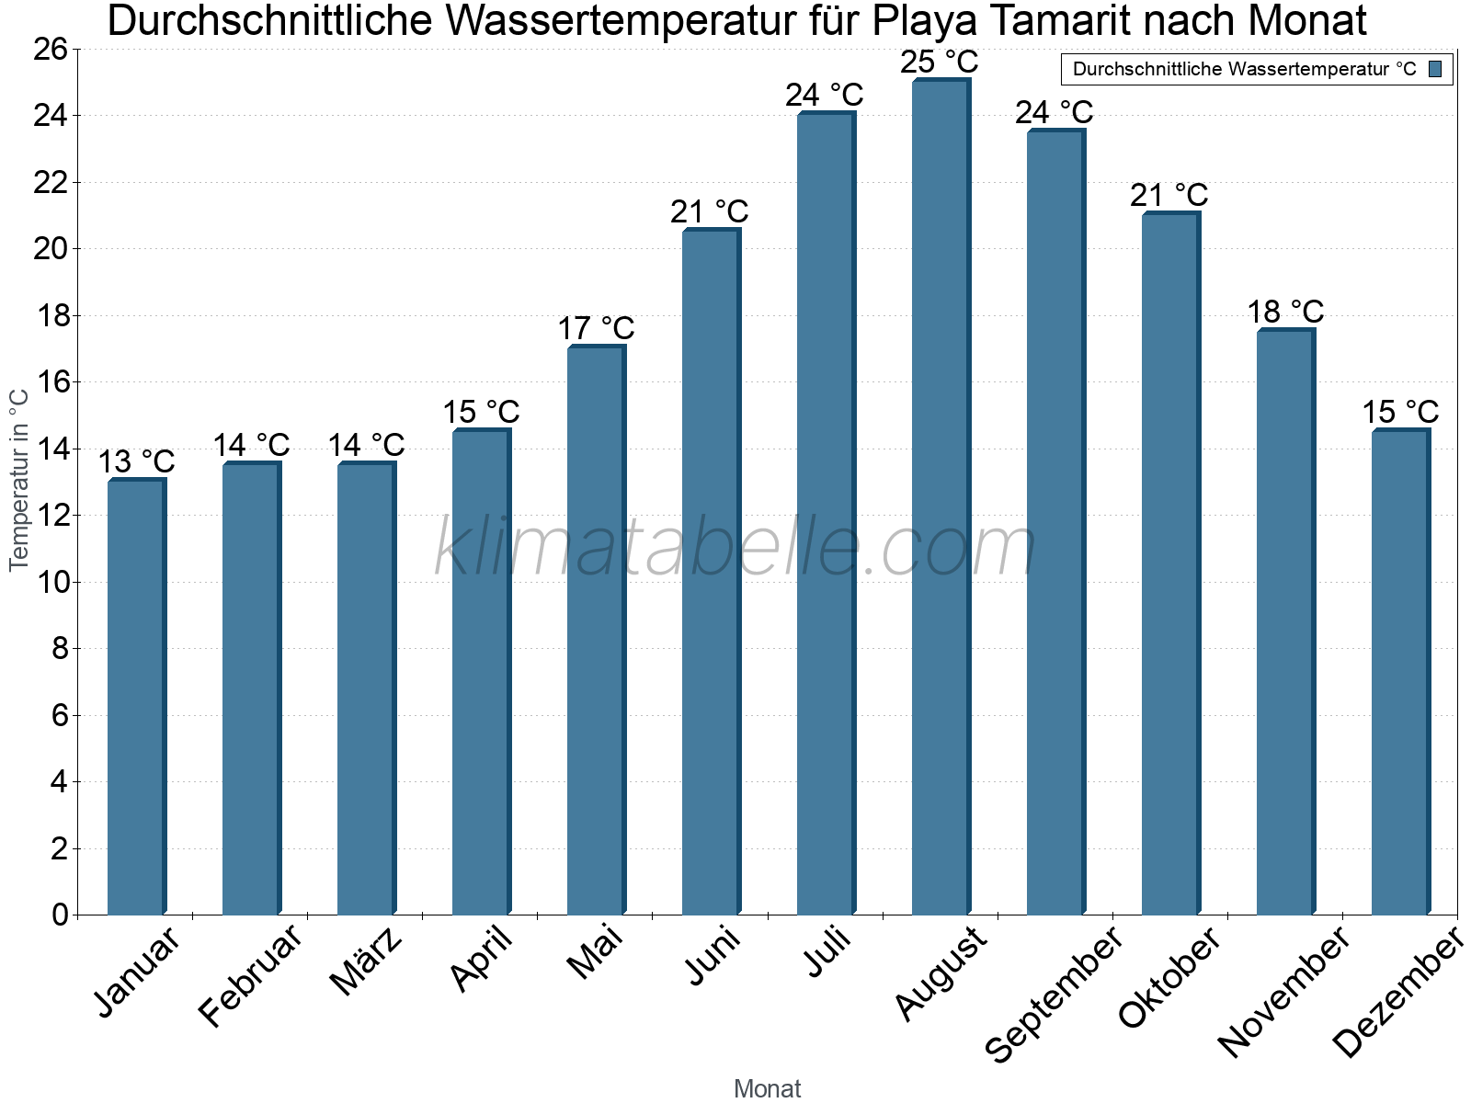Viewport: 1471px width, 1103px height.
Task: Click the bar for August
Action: [x=941, y=496]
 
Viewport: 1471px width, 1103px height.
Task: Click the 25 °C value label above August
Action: [x=939, y=63]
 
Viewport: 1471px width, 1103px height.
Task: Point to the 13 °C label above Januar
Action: [x=136, y=461]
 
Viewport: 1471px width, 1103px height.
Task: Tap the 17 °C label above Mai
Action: [x=596, y=328]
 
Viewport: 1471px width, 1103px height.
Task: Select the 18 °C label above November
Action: [x=1285, y=312]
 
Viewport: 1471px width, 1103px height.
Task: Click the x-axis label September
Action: [x=1054, y=993]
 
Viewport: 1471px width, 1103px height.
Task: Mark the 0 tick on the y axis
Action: [x=60, y=915]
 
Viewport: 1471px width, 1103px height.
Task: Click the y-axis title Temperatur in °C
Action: [x=19, y=480]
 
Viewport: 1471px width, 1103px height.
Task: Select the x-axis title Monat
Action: [x=767, y=1088]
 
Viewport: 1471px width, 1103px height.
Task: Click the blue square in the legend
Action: [x=1435, y=69]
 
